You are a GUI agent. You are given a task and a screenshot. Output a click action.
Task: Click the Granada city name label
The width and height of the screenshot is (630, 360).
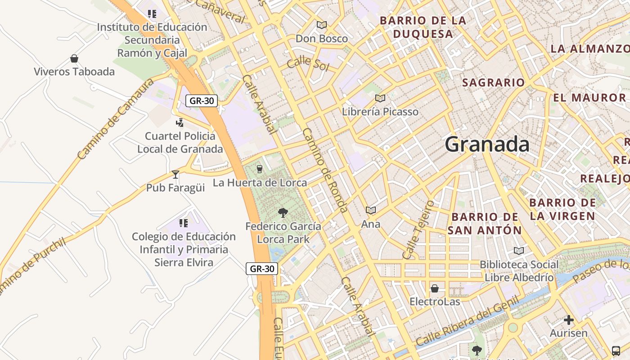[487, 144]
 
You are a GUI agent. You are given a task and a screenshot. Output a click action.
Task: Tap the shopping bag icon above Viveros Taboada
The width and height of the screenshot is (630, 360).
[74, 58]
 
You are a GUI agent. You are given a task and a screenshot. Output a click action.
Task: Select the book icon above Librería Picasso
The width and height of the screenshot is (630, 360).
[380, 98]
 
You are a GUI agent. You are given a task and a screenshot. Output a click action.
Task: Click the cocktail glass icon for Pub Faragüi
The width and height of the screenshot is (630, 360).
[175, 174]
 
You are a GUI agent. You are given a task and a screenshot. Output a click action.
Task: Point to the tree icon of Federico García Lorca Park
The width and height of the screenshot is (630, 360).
[283, 212]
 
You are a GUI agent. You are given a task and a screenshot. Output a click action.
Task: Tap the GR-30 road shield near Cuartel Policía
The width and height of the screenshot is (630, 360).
[202, 101]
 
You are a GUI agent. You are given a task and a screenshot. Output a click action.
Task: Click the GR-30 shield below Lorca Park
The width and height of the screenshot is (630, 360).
[262, 269]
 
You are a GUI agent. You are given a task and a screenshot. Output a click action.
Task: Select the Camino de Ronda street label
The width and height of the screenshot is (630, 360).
[325, 170]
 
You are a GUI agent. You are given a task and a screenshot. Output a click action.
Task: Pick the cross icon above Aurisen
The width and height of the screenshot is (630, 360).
[569, 320]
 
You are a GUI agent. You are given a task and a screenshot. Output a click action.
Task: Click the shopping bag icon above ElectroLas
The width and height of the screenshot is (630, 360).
[435, 288]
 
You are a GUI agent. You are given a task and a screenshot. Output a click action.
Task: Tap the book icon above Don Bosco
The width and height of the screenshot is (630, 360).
[321, 25]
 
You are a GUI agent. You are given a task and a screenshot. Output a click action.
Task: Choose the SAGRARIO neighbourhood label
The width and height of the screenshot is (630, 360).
[493, 83]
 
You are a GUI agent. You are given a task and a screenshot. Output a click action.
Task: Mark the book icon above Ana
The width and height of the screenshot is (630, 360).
[371, 210]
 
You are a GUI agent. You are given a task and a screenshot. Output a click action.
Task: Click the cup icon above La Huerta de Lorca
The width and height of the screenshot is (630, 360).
[259, 169]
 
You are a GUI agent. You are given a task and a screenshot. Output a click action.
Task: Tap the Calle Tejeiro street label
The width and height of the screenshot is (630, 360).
[418, 230]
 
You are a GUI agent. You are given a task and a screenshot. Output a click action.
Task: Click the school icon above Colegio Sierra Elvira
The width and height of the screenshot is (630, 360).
[183, 223]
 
